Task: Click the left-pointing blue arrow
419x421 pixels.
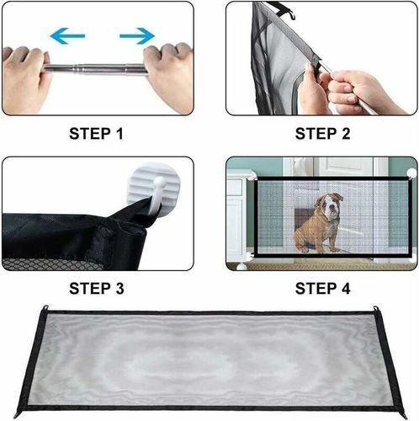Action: (67, 35)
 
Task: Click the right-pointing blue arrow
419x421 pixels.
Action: (137, 35)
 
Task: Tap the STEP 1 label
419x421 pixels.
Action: (96, 134)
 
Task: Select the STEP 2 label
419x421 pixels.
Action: (322, 134)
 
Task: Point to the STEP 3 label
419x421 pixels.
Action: (97, 289)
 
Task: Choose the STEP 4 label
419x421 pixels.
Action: (322, 289)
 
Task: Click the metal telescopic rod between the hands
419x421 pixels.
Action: (96, 69)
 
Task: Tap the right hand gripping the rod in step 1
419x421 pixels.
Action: (168, 76)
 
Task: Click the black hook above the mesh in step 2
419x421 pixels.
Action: (284, 10)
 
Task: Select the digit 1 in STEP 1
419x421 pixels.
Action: (120, 134)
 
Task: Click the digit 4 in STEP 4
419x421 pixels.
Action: (345, 289)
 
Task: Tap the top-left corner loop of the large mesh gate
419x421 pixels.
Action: (45, 307)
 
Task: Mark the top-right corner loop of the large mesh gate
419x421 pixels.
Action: (375, 309)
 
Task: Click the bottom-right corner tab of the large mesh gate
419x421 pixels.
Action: (402, 414)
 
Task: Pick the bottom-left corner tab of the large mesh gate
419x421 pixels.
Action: (19, 414)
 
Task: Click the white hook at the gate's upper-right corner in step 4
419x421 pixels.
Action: (411, 173)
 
